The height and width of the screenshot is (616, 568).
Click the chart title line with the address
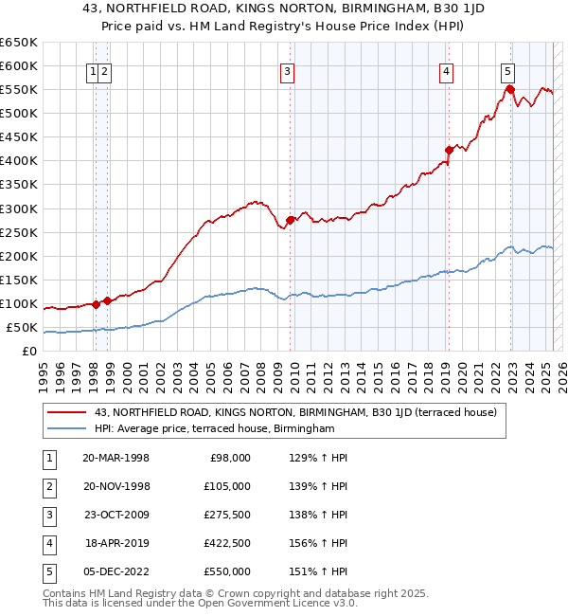[x=283, y=10]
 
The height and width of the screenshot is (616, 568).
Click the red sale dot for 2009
[x=290, y=221]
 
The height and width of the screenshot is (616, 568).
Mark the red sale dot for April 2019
[x=449, y=150]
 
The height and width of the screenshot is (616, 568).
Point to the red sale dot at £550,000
[x=510, y=89]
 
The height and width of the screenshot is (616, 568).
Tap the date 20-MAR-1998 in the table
[x=115, y=458]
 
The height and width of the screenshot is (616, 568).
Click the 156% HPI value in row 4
[x=315, y=543]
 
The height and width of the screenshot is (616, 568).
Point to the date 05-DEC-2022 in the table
[x=115, y=571]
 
